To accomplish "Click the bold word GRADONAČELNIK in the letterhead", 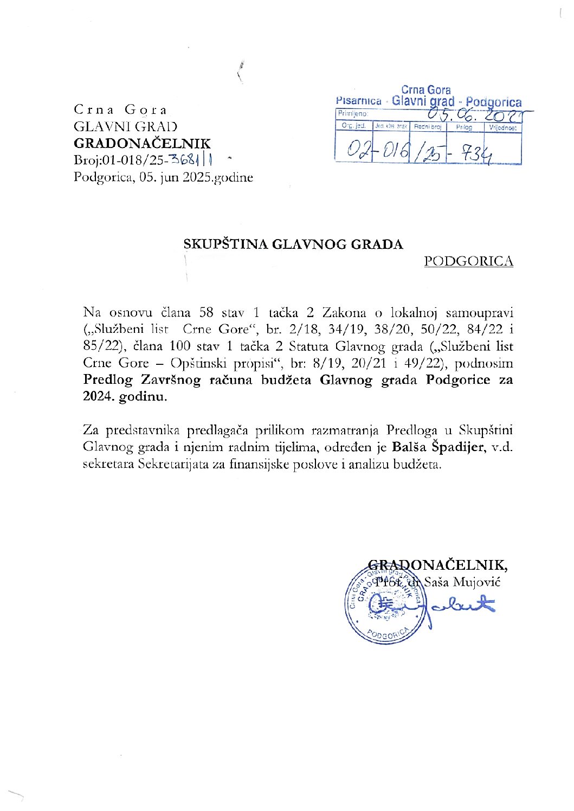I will [142, 144].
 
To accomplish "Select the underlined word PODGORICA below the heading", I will [468, 261].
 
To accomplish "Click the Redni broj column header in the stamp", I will [428, 127].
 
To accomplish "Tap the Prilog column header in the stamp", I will [464, 127].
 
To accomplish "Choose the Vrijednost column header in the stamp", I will [502, 128].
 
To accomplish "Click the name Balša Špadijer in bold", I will [438, 447].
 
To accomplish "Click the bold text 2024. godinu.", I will [125, 396].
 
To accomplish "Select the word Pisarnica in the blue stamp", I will [358, 101].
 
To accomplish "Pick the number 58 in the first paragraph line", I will [206, 312].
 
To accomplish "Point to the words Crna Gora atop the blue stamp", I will [426, 90].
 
